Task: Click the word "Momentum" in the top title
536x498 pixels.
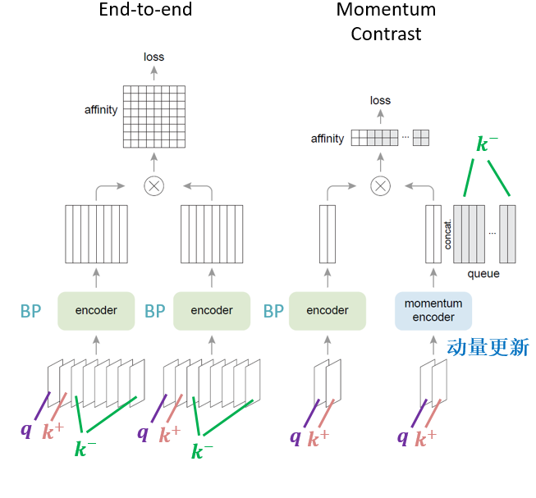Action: (386, 10)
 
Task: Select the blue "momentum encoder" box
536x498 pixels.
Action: (433, 310)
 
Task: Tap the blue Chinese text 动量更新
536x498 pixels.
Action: (488, 348)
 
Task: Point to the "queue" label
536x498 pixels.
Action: (483, 273)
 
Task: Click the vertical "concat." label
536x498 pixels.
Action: (448, 234)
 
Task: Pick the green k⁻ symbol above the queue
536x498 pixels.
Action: (487, 145)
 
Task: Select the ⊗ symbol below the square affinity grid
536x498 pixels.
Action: (153, 185)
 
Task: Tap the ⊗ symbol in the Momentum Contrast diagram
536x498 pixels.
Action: (379, 185)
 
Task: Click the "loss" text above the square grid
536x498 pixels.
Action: (153, 57)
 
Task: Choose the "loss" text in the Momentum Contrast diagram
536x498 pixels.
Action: (380, 100)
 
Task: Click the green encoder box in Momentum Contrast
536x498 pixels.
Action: (327, 310)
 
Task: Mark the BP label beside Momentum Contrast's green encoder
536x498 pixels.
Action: (273, 312)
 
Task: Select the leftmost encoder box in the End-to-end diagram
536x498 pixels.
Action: (96, 310)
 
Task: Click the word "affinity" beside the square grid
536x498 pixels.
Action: (101, 109)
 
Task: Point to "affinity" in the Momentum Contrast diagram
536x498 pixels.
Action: (328, 139)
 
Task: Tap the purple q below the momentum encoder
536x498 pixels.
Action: (402, 436)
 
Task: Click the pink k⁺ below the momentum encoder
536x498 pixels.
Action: (425, 437)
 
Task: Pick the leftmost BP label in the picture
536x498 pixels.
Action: (30, 312)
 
